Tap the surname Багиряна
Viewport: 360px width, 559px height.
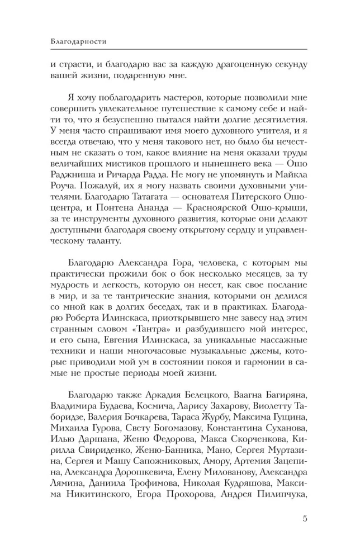coord(282,404)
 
